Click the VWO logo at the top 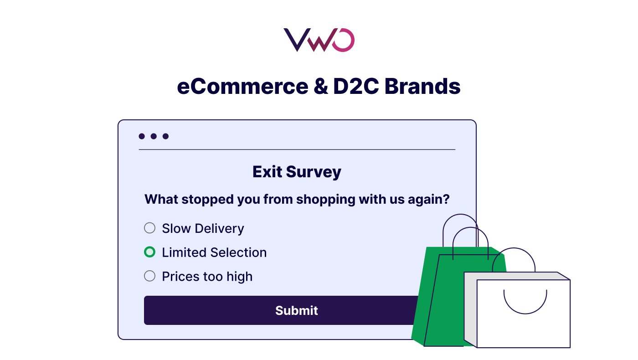point(319,40)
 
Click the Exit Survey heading point(297,172)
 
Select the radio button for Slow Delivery point(149,228)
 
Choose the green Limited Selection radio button point(149,252)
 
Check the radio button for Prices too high point(149,276)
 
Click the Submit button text point(297,310)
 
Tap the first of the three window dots point(142,136)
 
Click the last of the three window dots point(165,136)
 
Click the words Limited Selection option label point(214,252)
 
